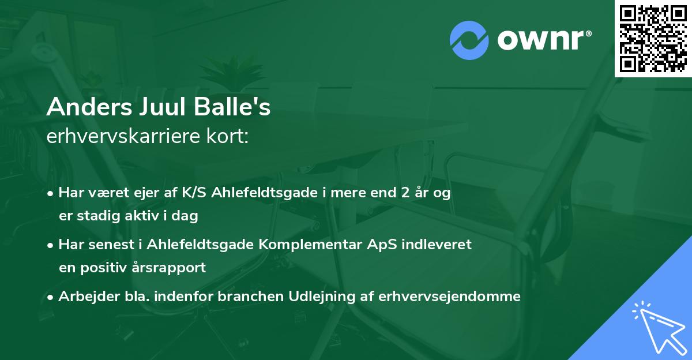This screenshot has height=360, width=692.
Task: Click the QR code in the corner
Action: (x=653, y=38)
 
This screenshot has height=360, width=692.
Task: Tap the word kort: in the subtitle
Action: (x=228, y=137)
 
